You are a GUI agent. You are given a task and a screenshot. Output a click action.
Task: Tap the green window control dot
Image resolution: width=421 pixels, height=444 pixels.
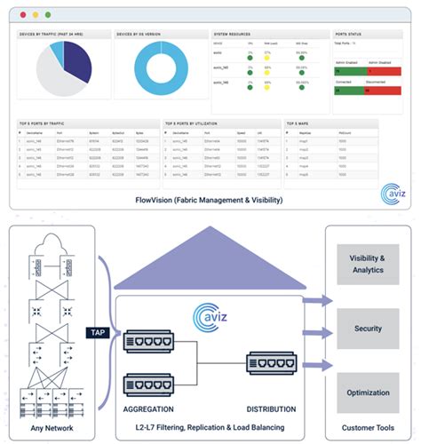(x=49, y=15)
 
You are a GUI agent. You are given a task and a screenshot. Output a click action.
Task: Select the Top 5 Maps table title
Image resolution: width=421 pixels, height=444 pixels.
(x=301, y=123)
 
